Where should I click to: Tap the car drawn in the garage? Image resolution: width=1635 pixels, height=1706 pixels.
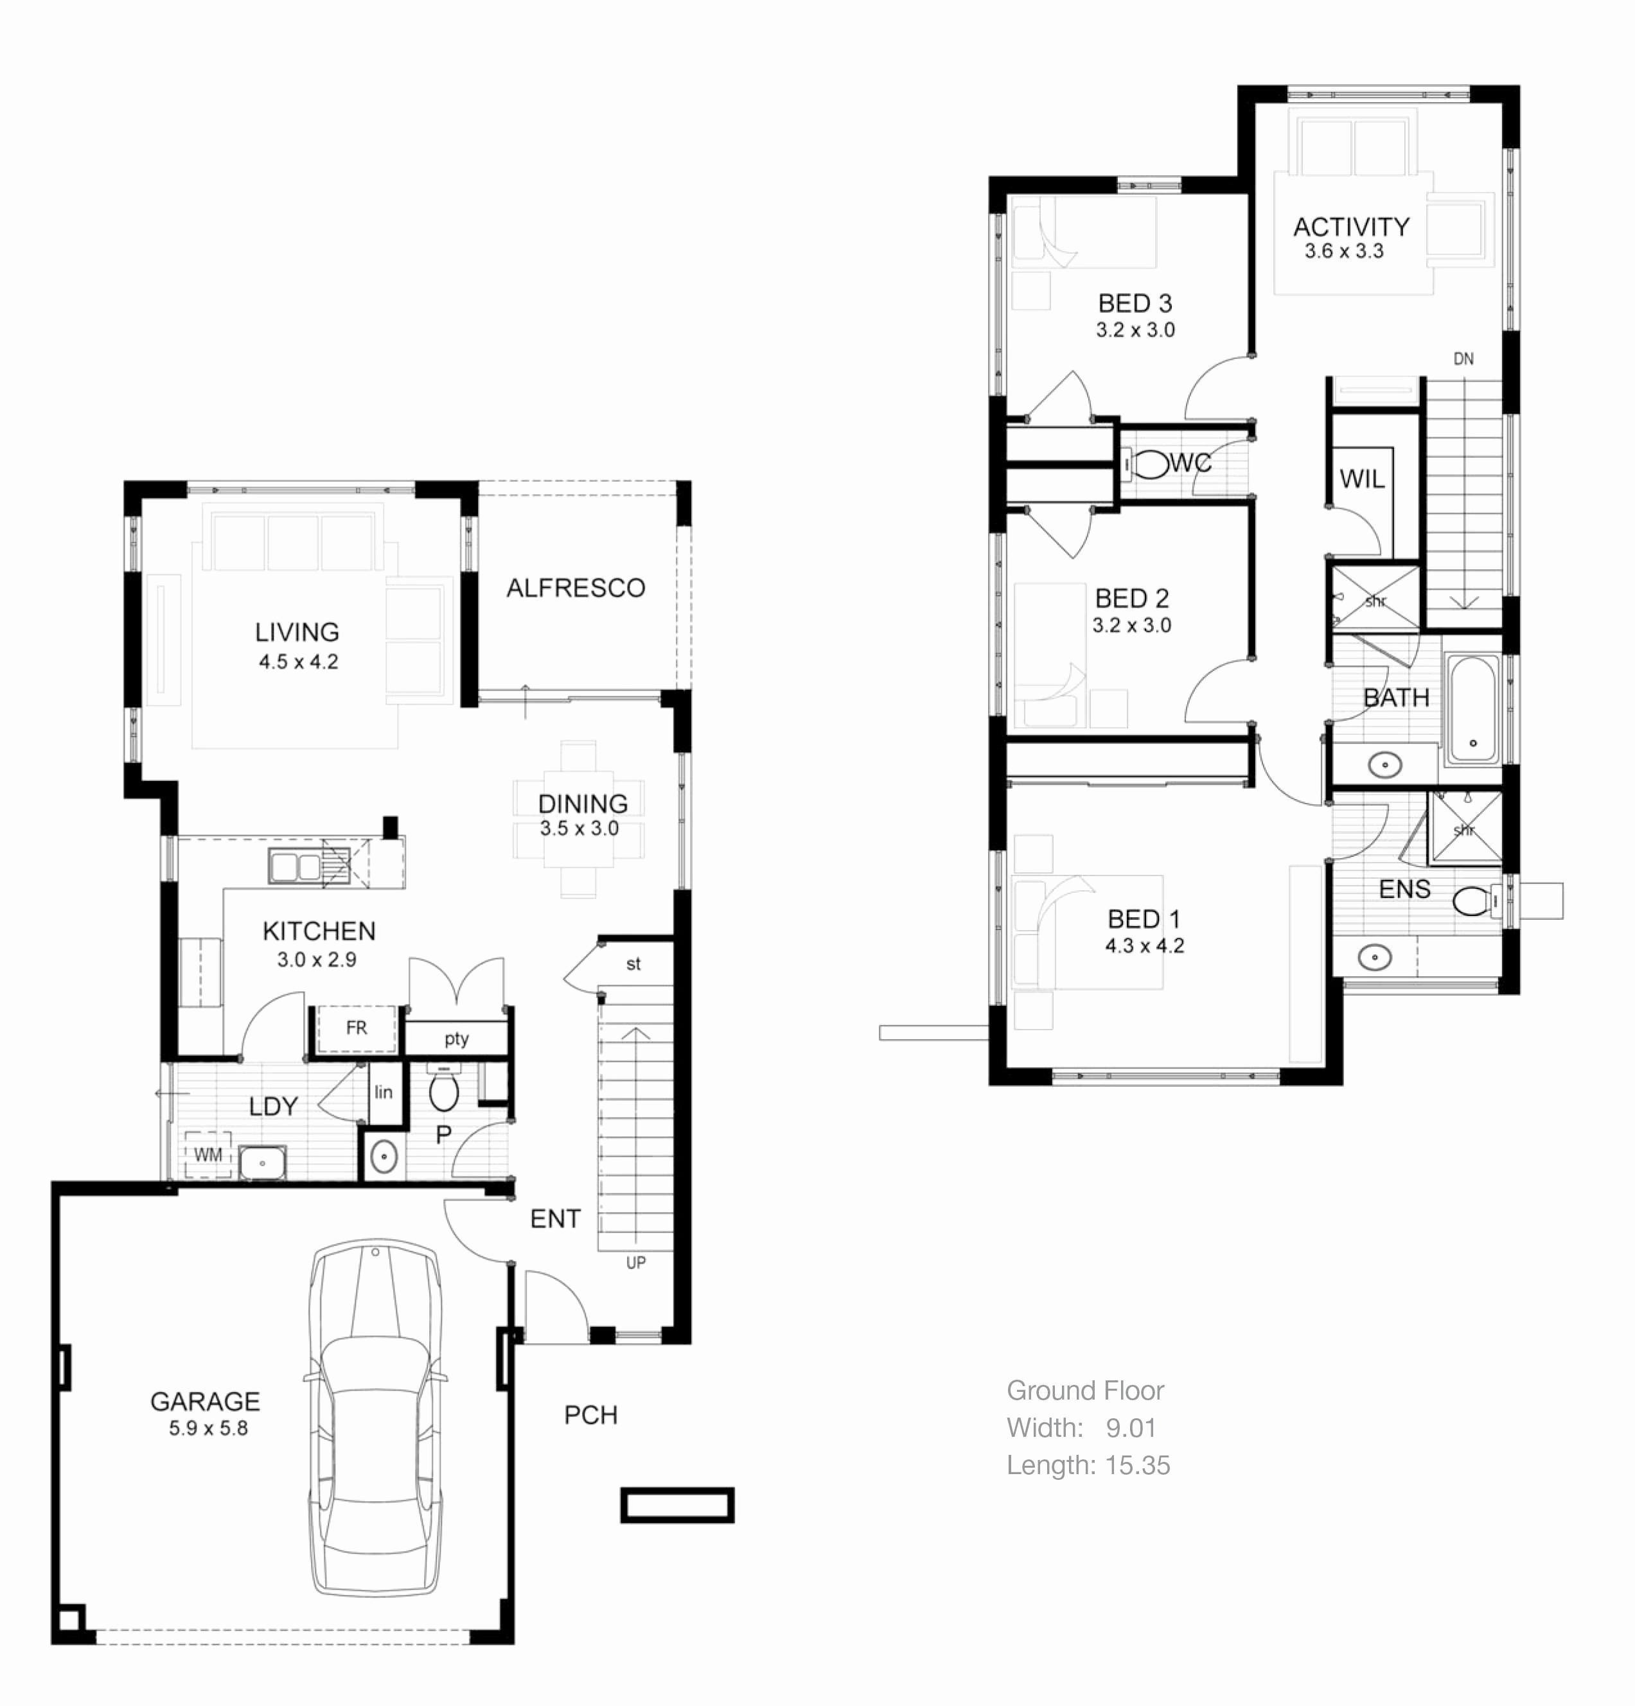tap(375, 1419)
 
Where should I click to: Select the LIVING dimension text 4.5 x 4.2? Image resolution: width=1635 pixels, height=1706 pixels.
tap(297, 662)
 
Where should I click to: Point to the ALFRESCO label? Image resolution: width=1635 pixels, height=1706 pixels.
tap(576, 588)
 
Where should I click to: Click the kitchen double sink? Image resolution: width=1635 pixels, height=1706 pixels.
tap(296, 867)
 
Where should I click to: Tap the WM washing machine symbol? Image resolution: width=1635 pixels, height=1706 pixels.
tap(208, 1155)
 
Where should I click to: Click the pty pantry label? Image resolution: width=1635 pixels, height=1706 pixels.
tap(456, 1039)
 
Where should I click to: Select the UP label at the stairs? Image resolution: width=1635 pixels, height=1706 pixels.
tap(635, 1262)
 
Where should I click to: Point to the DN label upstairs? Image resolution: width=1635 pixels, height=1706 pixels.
tap(1463, 358)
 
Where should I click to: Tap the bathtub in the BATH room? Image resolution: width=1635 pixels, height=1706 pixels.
tap(1472, 709)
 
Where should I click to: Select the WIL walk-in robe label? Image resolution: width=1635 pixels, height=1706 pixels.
tap(1361, 479)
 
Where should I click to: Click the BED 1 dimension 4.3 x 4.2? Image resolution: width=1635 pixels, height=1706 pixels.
tap(1144, 946)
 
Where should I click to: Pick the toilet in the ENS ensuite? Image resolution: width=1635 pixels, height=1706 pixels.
tap(1473, 901)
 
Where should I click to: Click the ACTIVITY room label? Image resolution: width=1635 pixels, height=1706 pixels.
tap(1350, 227)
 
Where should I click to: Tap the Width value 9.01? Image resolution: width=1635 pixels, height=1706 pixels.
tap(1130, 1427)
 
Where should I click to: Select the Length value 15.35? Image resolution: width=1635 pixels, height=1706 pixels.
tap(1137, 1465)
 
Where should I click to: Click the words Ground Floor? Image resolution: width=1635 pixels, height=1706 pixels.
tap(1085, 1390)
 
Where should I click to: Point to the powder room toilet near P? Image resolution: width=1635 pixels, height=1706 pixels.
tap(444, 1091)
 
